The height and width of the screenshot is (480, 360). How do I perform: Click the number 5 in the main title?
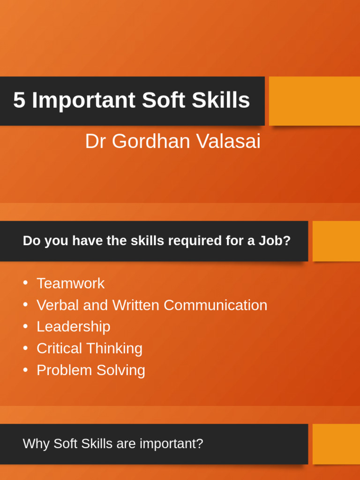click(19, 100)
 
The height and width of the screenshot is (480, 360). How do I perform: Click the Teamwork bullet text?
click(70, 284)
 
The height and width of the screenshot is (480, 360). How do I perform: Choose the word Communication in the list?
click(215, 305)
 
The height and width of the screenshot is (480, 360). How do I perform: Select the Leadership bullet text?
click(73, 327)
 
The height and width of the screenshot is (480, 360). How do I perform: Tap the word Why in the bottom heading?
click(36, 443)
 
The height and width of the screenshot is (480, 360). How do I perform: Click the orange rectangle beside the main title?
click(314, 101)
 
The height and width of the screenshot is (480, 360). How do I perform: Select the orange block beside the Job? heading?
click(336, 241)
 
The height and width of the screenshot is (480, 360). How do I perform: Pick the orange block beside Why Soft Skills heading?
click(336, 444)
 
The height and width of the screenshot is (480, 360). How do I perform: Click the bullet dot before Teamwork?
click(25, 283)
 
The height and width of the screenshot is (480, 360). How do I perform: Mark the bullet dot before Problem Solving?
click(25, 370)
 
